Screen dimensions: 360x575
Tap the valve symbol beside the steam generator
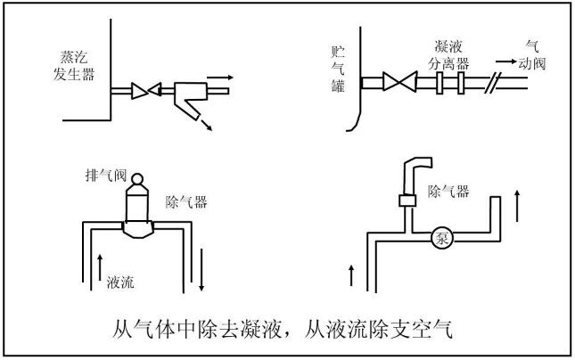[x=144, y=90]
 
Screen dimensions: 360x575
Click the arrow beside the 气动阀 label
[x=505, y=62]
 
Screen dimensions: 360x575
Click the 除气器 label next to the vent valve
[x=185, y=202]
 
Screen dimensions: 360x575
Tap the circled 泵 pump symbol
[x=441, y=238]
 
